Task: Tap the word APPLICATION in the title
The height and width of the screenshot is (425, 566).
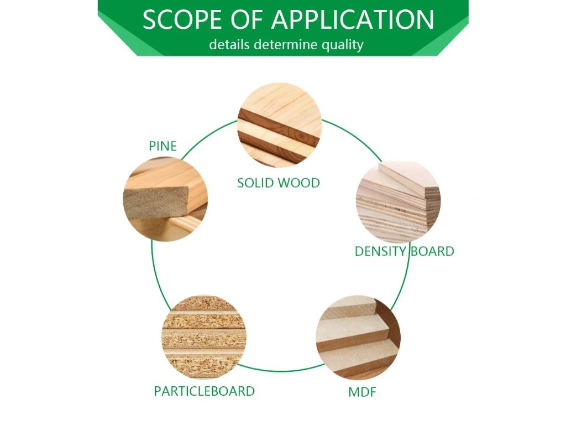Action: pyautogui.click(x=353, y=20)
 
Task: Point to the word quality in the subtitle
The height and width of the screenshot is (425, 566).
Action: pyautogui.click(x=343, y=44)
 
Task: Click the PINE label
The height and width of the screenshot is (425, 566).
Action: pyautogui.click(x=163, y=146)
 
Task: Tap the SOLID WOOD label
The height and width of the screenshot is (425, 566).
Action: pyautogui.click(x=279, y=183)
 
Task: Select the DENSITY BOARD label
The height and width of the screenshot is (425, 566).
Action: pyautogui.click(x=404, y=251)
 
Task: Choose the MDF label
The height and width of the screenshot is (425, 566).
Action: pyautogui.click(x=362, y=393)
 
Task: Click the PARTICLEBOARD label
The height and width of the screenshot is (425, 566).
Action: pyautogui.click(x=204, y=391)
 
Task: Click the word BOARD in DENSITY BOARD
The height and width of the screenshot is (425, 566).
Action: pyautogui.click(x=433, y=251)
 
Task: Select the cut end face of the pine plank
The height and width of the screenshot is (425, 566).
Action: pyautogui.click(x=158, y=205)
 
